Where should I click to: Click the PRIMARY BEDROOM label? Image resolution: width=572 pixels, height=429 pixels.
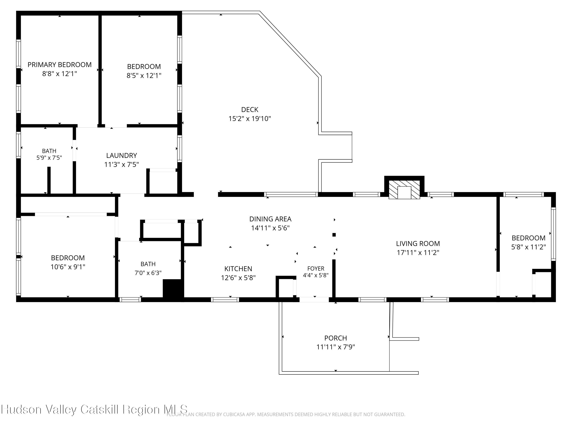(59, 65)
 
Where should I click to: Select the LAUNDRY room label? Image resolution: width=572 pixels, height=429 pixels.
(121, 155)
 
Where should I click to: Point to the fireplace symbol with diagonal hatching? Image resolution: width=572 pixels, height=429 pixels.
(404, 190)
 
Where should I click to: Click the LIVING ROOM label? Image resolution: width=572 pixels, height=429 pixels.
(418, 244)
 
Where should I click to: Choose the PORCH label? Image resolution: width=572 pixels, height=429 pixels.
(336, 338)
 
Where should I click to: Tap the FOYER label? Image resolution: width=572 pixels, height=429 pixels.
(316, 268)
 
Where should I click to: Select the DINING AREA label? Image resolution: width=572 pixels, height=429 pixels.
(270, 219)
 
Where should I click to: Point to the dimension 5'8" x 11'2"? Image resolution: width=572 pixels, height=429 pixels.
(529, 247)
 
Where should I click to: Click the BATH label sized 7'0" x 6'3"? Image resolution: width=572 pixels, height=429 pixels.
(148, 264)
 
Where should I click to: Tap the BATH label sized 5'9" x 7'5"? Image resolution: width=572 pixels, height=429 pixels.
(49, 151)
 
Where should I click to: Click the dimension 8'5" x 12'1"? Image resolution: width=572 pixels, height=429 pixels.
(144, 76)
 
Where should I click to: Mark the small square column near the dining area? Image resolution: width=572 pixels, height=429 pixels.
(334, 235)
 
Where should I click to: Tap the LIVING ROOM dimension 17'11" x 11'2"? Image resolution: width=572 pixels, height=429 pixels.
(418, 253)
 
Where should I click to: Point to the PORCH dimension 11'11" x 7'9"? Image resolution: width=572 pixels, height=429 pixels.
(336, 347)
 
